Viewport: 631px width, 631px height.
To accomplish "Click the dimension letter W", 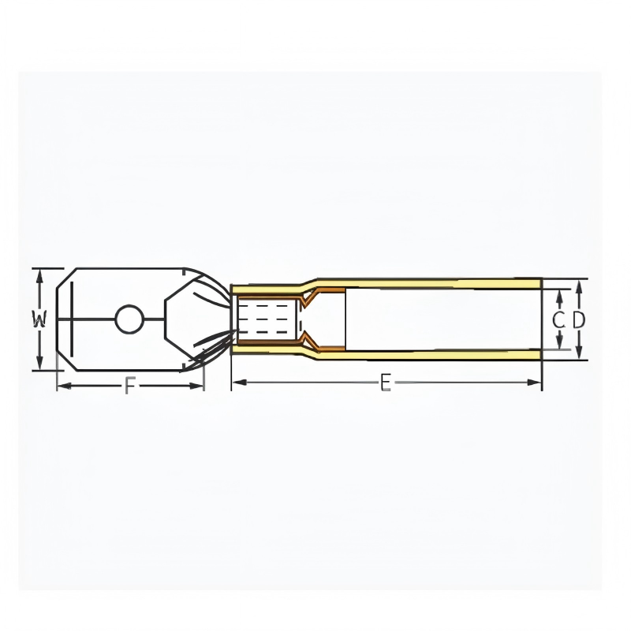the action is click(39, 319).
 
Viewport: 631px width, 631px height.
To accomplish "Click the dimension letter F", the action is click(129, 386).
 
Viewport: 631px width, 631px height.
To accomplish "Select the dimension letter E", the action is click(386, 382).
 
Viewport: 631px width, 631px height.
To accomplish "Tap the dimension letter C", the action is click(558, 320).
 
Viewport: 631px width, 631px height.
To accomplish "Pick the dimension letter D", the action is click(578, 320).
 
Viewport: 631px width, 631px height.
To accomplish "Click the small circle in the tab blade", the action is click(129, 319).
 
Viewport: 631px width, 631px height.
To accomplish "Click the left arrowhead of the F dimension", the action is click(64, 386).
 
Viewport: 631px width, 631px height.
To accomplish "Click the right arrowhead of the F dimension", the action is click(196, 386).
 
